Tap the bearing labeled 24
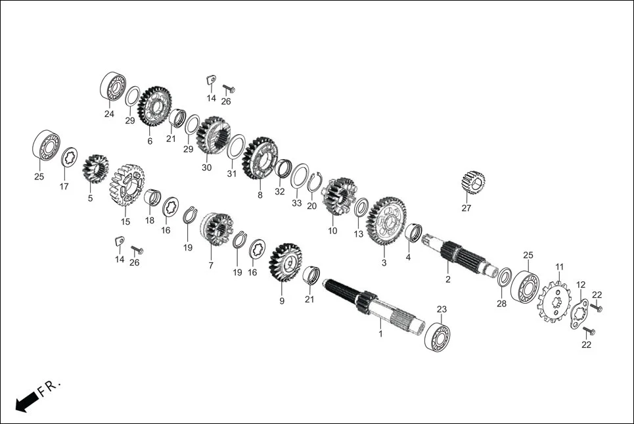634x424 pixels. point(113,87)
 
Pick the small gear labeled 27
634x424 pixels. point(472,183)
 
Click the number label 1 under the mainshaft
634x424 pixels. point(380,334)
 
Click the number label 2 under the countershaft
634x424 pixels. point(448,279)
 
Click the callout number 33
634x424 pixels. point(297,203)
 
